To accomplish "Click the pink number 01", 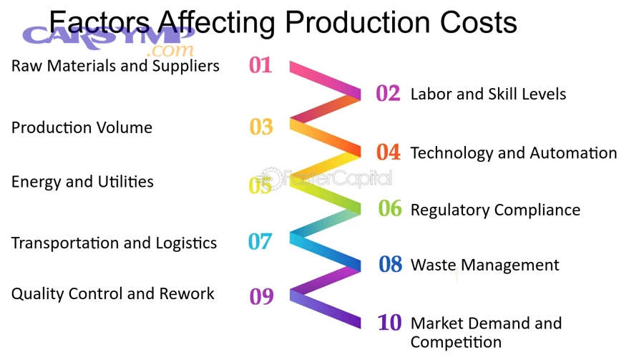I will [260, 66].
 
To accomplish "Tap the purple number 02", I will [388, 94].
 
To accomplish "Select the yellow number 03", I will [261, 127].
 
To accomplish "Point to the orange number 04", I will [389, 152].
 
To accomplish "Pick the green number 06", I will [390, 209].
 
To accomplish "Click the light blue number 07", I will [260, 242].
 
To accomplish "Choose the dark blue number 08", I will [391, 265].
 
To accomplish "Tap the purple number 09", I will [261, 296].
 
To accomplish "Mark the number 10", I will [389, 323].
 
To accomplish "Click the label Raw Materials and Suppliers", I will [115, 67].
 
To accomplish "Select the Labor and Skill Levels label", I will [488, 94].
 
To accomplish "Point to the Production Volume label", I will [82, 127].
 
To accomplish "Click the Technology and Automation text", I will [513, 152].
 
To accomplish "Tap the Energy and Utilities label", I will [82, 182].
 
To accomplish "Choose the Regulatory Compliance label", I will [495, 210].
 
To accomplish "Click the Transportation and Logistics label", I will [114, 243].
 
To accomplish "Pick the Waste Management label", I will [484, 265].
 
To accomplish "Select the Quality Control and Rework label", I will [112, 293].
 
